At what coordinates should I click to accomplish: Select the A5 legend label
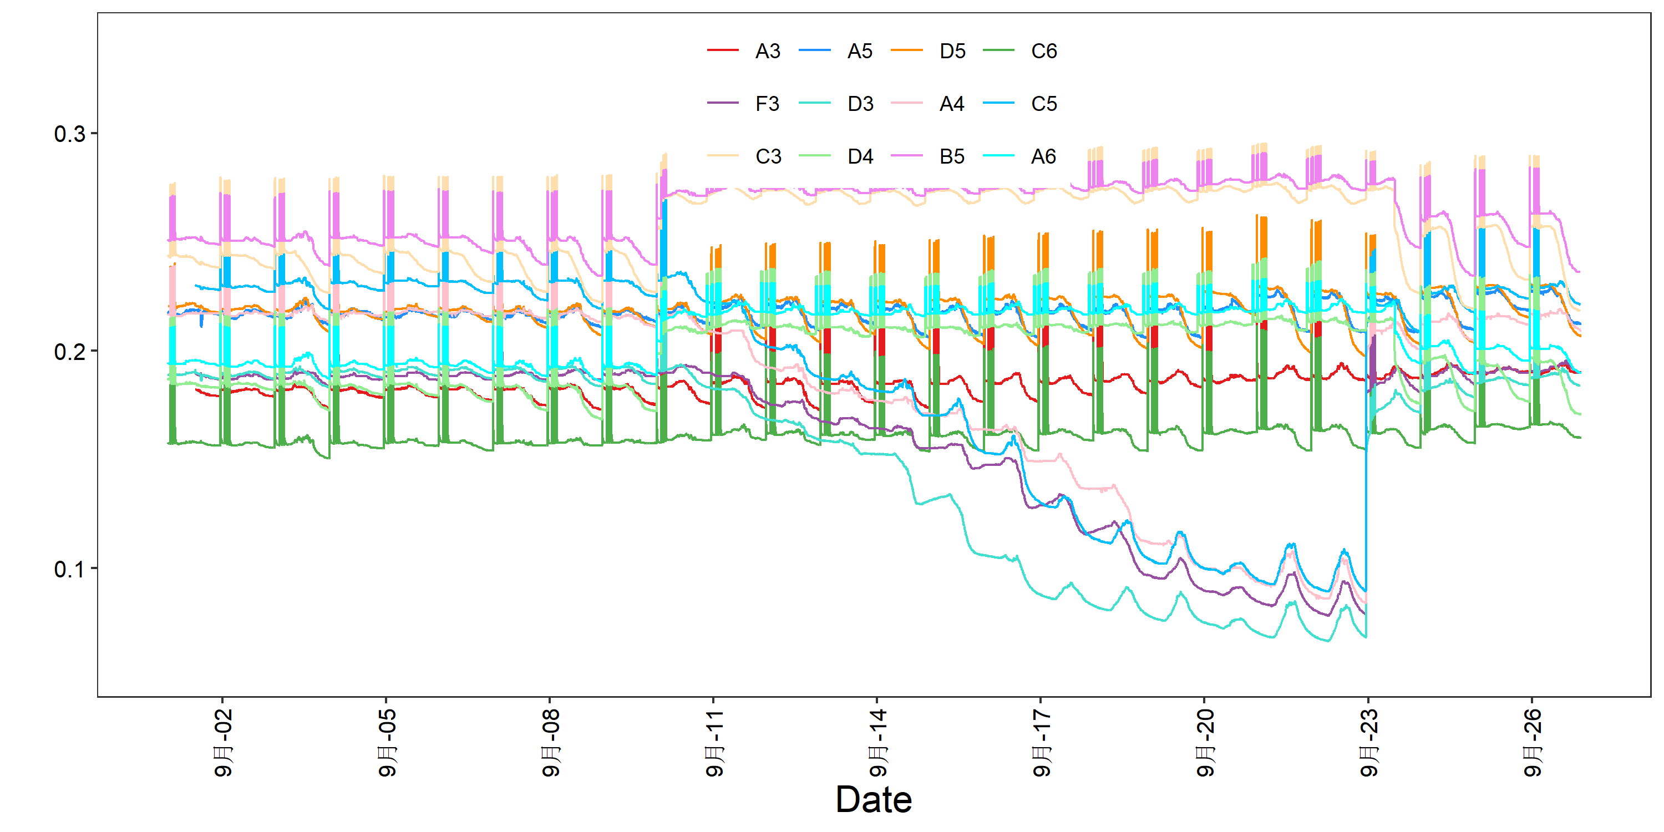click(x=836, y=50)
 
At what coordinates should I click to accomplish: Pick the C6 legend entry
click(x=1020, y=50)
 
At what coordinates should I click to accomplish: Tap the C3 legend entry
click(x=744, y=156)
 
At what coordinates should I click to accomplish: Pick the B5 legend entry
click(x=927, y=156)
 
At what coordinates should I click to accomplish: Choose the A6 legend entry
click(x=1019, y=156)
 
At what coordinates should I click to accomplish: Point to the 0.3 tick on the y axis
click(x=70, y=134)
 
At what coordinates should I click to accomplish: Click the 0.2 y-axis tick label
click(x=70, y=352)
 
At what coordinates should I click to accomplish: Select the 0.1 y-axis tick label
click(x=70, y=569)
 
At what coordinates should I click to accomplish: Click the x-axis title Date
click(x=874, y=800)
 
